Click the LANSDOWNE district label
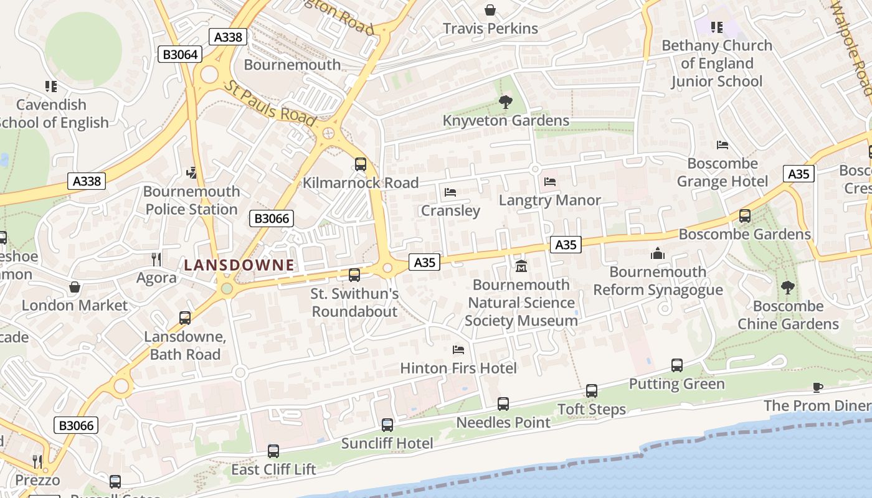(239, 265)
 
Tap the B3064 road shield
(180, 54)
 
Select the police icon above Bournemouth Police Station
(192, 172)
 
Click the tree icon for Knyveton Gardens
(506, 102)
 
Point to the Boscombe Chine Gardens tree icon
(788, 288)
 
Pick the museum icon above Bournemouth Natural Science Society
(521, 266)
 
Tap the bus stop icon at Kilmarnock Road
(361, 164)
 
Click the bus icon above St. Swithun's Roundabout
(354, 275)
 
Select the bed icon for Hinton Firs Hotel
(458, 350)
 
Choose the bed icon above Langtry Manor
(550, 182)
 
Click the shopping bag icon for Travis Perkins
(490, 10)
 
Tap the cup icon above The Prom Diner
(818, 387)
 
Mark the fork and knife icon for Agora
(156, 259)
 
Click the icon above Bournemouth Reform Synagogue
(658, 253)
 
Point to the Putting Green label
(676, 383)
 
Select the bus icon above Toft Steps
(592, 391)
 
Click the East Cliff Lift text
(273, 469)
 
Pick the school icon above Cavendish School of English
(50, 86)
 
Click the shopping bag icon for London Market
(75, 287)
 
